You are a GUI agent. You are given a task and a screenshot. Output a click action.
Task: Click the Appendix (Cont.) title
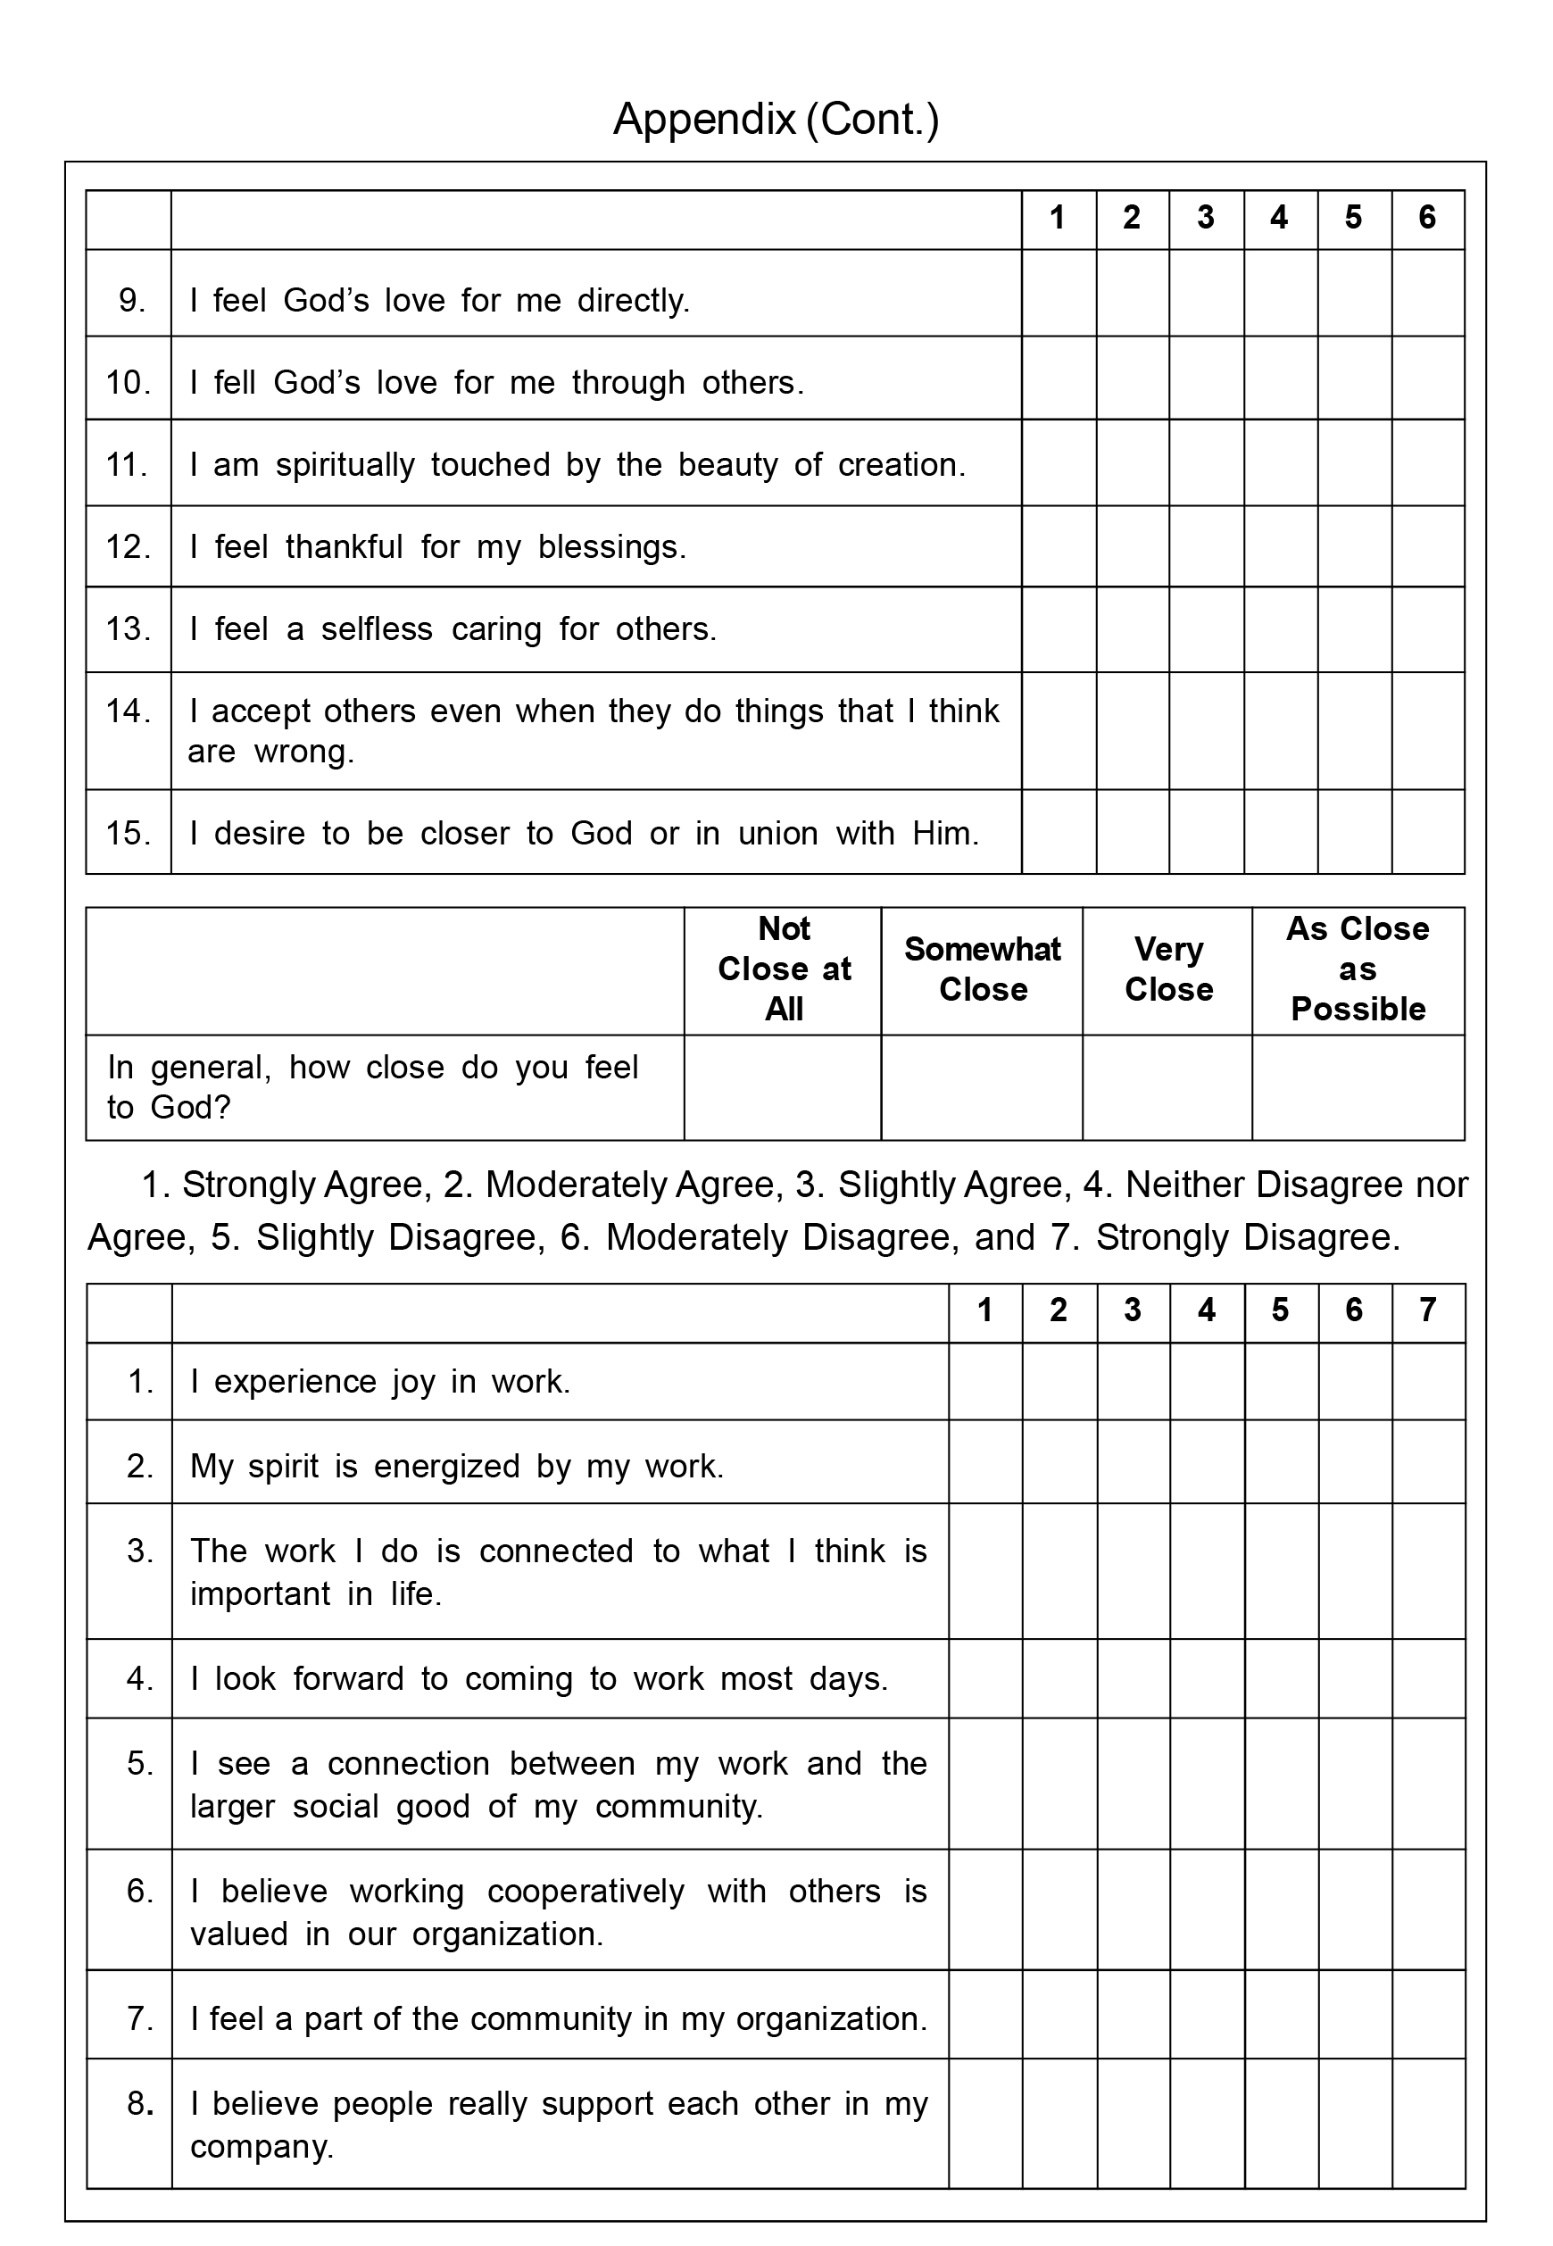776,120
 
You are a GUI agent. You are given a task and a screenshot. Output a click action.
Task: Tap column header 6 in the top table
1426,218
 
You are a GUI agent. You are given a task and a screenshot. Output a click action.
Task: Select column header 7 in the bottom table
1427,1310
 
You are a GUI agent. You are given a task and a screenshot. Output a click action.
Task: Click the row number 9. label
131,301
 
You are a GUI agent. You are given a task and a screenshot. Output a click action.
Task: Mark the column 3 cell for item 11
1206,463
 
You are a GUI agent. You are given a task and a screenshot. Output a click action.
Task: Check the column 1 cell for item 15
1059,832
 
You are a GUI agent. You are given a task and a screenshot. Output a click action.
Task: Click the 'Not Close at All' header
784,969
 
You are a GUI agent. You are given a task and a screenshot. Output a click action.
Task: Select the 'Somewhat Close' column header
982,969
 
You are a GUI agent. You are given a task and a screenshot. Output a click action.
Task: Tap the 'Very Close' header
1167,969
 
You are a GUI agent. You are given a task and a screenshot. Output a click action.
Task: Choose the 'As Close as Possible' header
1358,969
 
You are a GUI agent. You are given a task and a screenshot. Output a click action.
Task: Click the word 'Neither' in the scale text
1184,1185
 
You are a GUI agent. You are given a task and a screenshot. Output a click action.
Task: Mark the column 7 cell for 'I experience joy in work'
1427,1382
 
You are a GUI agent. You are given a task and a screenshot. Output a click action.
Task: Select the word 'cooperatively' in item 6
585,1891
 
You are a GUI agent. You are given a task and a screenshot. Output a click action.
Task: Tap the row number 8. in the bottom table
140,2104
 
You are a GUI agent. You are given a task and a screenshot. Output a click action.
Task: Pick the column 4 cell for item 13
1280,629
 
